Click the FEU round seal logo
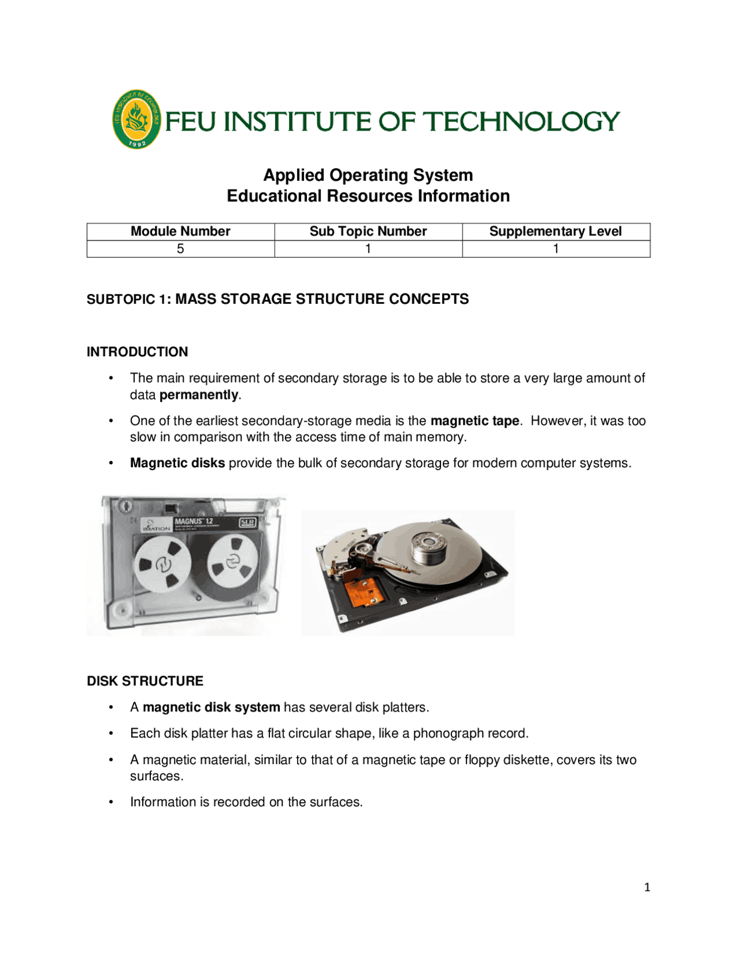[136, 119]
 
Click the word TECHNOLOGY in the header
[521, 121]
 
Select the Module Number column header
[180, 231]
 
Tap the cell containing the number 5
[180, 249]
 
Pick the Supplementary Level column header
[555, 231]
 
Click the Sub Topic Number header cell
[368, 231]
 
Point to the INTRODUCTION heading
[137, 352]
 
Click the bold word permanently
[199, 395]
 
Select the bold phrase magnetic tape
[474, 421]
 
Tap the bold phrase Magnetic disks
[177, 463]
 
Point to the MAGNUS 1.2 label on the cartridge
[193, 521]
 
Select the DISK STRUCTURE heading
[145, 681]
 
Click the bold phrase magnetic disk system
[211, 707]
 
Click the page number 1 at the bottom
[647, 887]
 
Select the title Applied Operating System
[368, 175]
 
